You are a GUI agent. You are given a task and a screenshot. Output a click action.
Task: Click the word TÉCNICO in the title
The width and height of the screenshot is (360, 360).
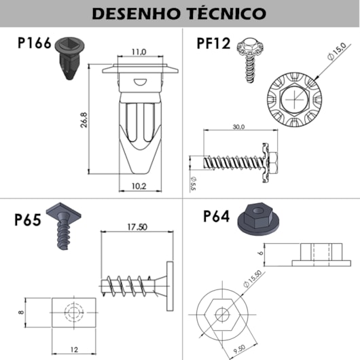tap(227, 13)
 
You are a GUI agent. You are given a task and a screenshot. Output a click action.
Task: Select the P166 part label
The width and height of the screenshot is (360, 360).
tap(34, 43)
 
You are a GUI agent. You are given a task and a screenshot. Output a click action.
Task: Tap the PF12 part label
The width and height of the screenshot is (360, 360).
tap(213, 43)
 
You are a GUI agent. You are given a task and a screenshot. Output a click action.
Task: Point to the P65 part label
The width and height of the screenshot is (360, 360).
tap(28, 219)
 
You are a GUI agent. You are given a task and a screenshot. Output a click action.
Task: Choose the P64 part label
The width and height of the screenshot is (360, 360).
tap(217, 216)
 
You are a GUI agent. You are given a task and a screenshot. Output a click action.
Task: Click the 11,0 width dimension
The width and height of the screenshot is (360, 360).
tap(139, 52)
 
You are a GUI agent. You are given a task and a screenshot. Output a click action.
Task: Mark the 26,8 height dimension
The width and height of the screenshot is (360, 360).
tap(84, 120)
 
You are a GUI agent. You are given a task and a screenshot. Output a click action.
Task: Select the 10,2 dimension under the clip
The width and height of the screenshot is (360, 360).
tap(139, 186)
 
